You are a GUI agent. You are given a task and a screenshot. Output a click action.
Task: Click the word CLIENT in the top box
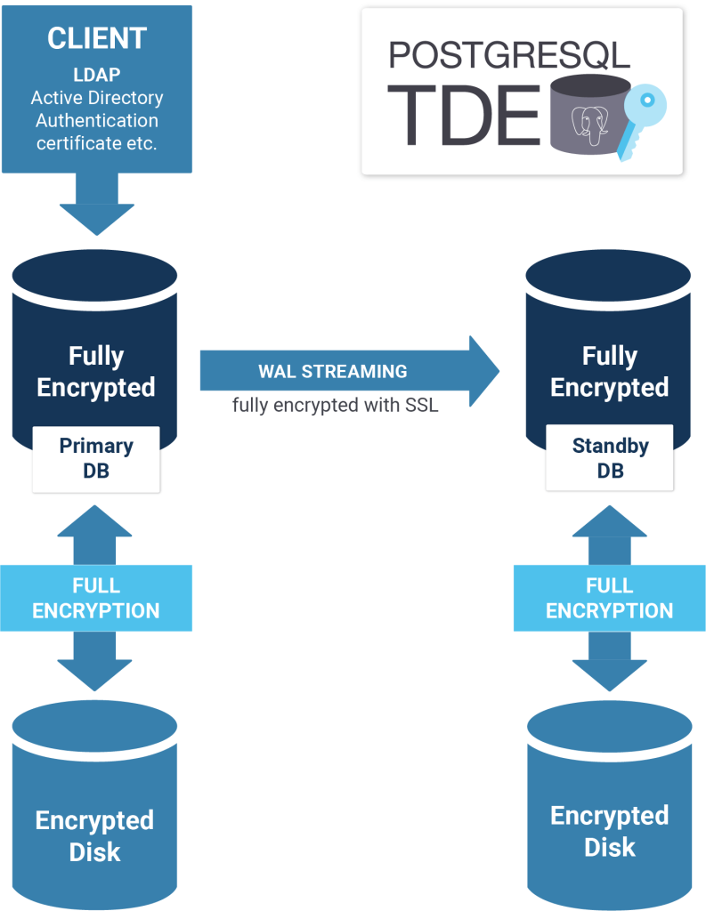pos(96,38)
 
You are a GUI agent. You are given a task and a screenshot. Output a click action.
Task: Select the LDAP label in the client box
pos(96,75)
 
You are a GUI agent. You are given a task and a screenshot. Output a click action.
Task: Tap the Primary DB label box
pos(96,458)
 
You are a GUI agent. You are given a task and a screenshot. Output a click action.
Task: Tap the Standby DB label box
pos(610,458)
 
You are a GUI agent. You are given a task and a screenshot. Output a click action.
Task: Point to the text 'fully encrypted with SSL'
pos(336,405)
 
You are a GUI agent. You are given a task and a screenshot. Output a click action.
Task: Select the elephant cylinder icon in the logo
pos(584,116)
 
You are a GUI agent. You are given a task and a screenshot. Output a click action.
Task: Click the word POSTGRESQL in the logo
pos(509,55)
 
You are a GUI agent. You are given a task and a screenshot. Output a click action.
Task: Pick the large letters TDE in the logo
pos(463,117)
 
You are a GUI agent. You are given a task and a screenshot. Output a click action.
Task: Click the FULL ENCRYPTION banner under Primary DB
pos(96,598)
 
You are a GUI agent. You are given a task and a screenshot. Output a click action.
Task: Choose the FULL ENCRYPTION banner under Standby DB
pos(610,598)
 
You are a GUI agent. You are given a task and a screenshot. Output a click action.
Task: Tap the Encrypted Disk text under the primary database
pos(94,835)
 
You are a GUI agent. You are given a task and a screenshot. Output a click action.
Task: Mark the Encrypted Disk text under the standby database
pos(610,831)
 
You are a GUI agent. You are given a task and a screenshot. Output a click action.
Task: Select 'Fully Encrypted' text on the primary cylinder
pos(96,372)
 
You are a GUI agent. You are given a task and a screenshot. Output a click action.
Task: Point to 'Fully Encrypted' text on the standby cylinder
pos(610,372)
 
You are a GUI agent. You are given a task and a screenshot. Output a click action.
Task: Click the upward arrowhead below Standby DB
pos(610,520)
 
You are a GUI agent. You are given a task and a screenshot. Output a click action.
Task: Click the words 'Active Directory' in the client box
pos(96,98)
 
